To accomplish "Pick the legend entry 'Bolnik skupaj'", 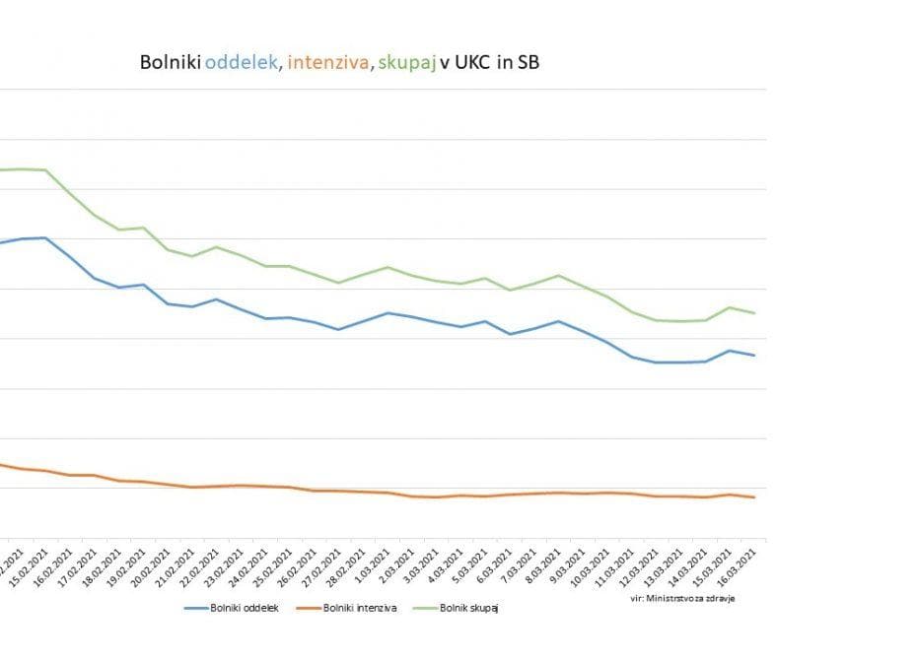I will point(469,608).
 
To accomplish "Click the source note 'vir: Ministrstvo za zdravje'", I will point(682,597).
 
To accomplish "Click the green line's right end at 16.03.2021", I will point(755,313).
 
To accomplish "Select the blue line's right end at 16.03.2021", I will point(755,356).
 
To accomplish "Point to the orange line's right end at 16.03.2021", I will point(755,497).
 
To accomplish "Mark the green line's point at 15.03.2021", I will point(730,307).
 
